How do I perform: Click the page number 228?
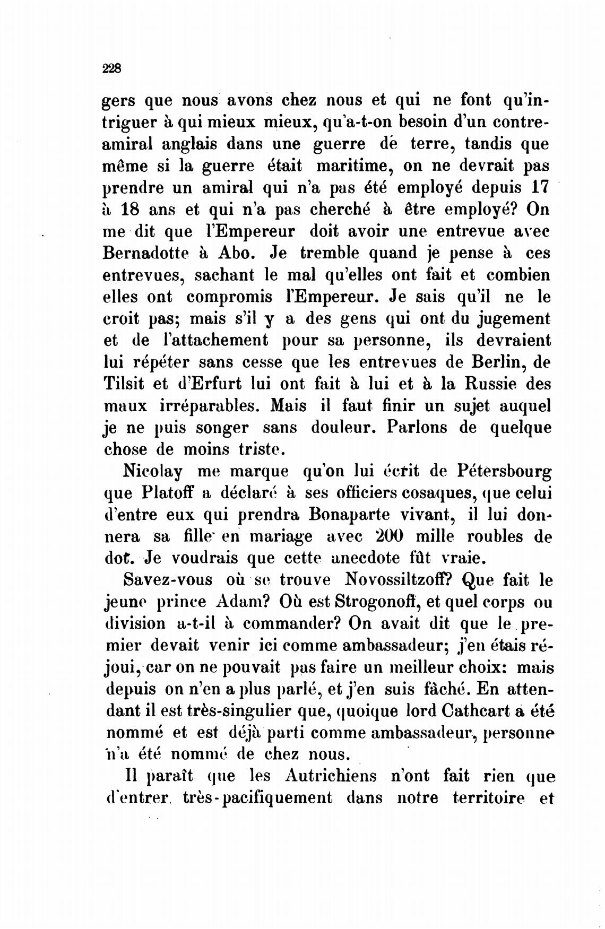[113, 68]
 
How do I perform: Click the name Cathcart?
[470, 711]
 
